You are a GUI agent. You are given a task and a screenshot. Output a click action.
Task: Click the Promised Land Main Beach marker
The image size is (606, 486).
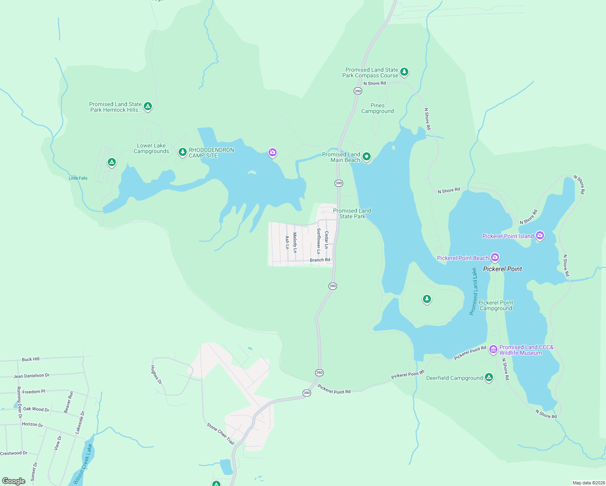pyautogui.click(x=366, y=156)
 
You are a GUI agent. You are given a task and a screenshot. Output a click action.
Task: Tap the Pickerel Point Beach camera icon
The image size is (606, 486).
pyautogui.click(x=495, y=257)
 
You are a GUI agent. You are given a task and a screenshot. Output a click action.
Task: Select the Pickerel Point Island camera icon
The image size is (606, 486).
pyautogui.click(x=540, y=235)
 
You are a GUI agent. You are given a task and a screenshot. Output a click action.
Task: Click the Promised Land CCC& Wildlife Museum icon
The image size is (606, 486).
pyautogui.click(x=493, y=349)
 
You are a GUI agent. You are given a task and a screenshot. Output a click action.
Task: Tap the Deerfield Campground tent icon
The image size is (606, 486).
pyautogui.click(x=489, y=377)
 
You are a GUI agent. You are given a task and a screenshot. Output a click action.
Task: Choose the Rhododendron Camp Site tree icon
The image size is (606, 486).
pyautogui.click(x=183, y=152)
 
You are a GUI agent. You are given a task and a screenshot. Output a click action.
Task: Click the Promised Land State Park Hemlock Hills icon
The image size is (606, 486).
pyautogui.click(x=148, y=106)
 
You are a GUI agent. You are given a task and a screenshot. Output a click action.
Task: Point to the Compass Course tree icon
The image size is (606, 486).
pyautogui.click(x=404, y=72)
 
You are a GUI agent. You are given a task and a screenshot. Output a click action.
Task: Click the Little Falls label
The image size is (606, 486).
pyautogui.click(x=78, y=178)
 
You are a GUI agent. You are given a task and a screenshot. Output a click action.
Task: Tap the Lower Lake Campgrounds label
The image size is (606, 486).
pyautogui.click(x=151, y=149)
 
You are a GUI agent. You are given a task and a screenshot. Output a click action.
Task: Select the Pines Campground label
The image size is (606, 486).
pyautogui.click(x=378, y=108)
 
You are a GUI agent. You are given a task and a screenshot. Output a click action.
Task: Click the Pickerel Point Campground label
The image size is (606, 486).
pyautogui.click(x=495, y=305)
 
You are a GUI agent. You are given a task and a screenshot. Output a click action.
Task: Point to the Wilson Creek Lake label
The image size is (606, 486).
pyautogui.click(x=83, y=464)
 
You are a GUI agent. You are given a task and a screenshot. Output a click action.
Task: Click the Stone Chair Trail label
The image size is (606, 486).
pyautogui.click(x=221, y=434)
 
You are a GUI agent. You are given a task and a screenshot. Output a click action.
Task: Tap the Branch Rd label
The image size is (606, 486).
pyautogui.click(x=320, y=260)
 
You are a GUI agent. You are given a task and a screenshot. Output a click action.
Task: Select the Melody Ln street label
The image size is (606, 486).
pyautogui.click(x=295, y=243)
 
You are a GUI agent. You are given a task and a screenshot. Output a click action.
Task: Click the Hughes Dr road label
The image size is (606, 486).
pyautogui.click(x=156, y=375)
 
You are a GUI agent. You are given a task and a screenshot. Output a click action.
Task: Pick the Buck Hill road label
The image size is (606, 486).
pyautogui.click(x=31, y=359)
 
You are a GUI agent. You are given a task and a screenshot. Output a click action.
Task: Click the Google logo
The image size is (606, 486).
pyautogui.click(x=14, y=481)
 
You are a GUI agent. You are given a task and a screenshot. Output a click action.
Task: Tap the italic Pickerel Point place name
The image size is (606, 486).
pyautogui.click(x=502, y=269)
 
